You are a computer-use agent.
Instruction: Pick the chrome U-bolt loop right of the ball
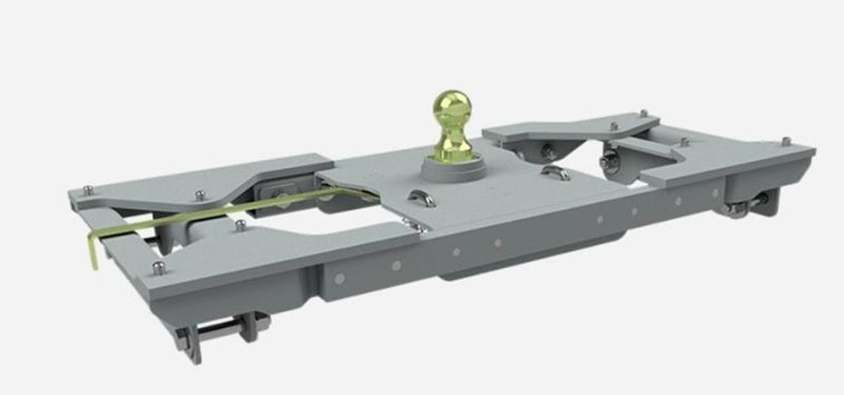pos(556,172)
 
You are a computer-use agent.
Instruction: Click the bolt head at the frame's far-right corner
pos(786,142)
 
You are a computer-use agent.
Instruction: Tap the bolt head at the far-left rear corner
pos(88,190)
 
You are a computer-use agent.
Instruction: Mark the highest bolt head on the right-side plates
pos(643,113)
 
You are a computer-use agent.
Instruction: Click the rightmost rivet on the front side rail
pos(715,192)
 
